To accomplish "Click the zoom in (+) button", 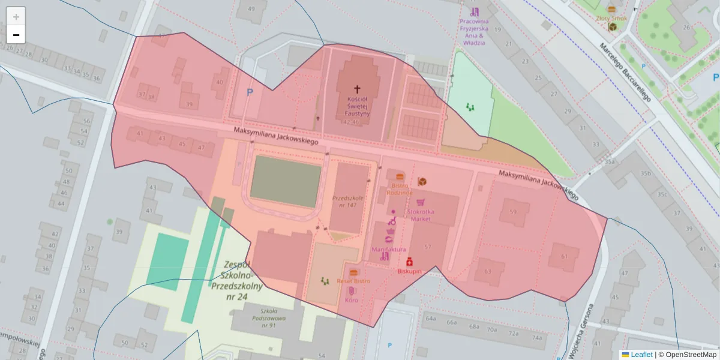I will click(x=16, y=17).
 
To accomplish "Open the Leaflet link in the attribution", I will click(x=641, y=355).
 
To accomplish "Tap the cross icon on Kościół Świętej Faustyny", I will click(x=358, y=88).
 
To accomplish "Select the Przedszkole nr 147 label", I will click(x=348, y=201).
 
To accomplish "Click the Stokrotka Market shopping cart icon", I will click(x=421, y=202).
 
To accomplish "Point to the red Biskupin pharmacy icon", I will click(x=410, y=262).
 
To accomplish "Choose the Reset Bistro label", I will click(x=353, y=281).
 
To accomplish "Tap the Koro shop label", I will click(x=352, y=299).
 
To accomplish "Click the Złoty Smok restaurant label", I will click(x=611, y=18).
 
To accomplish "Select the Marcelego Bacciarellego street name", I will click(x=625, y=72).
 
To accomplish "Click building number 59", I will click(x=513, y=212).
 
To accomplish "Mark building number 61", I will click(x=564, y=256).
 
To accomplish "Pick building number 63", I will click(x=487, y=271).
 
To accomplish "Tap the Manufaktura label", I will click(x=389, y=249).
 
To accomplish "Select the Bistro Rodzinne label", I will click(x=400, y=189).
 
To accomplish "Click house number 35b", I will click(x=646, y=173).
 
